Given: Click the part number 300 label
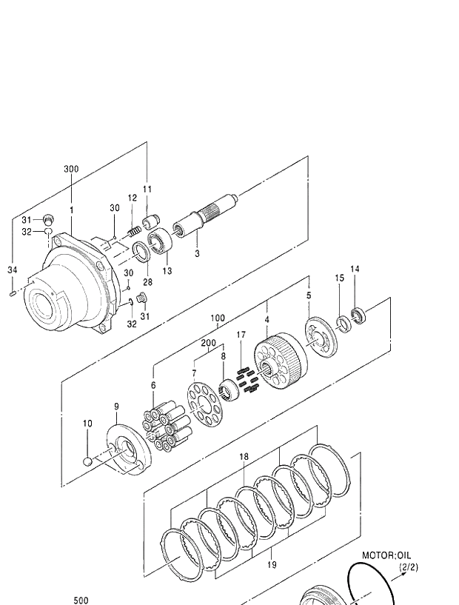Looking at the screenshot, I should tap(70, 170).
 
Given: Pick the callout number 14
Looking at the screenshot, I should tap(355, 269).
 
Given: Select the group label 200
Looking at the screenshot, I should tap(208, 343).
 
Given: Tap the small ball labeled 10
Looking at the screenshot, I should tap(88, 462).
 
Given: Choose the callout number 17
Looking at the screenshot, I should tap(241, 335).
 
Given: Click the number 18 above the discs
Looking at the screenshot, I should tap(244, 457).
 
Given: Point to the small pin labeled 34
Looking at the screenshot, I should tap(13, 295).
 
